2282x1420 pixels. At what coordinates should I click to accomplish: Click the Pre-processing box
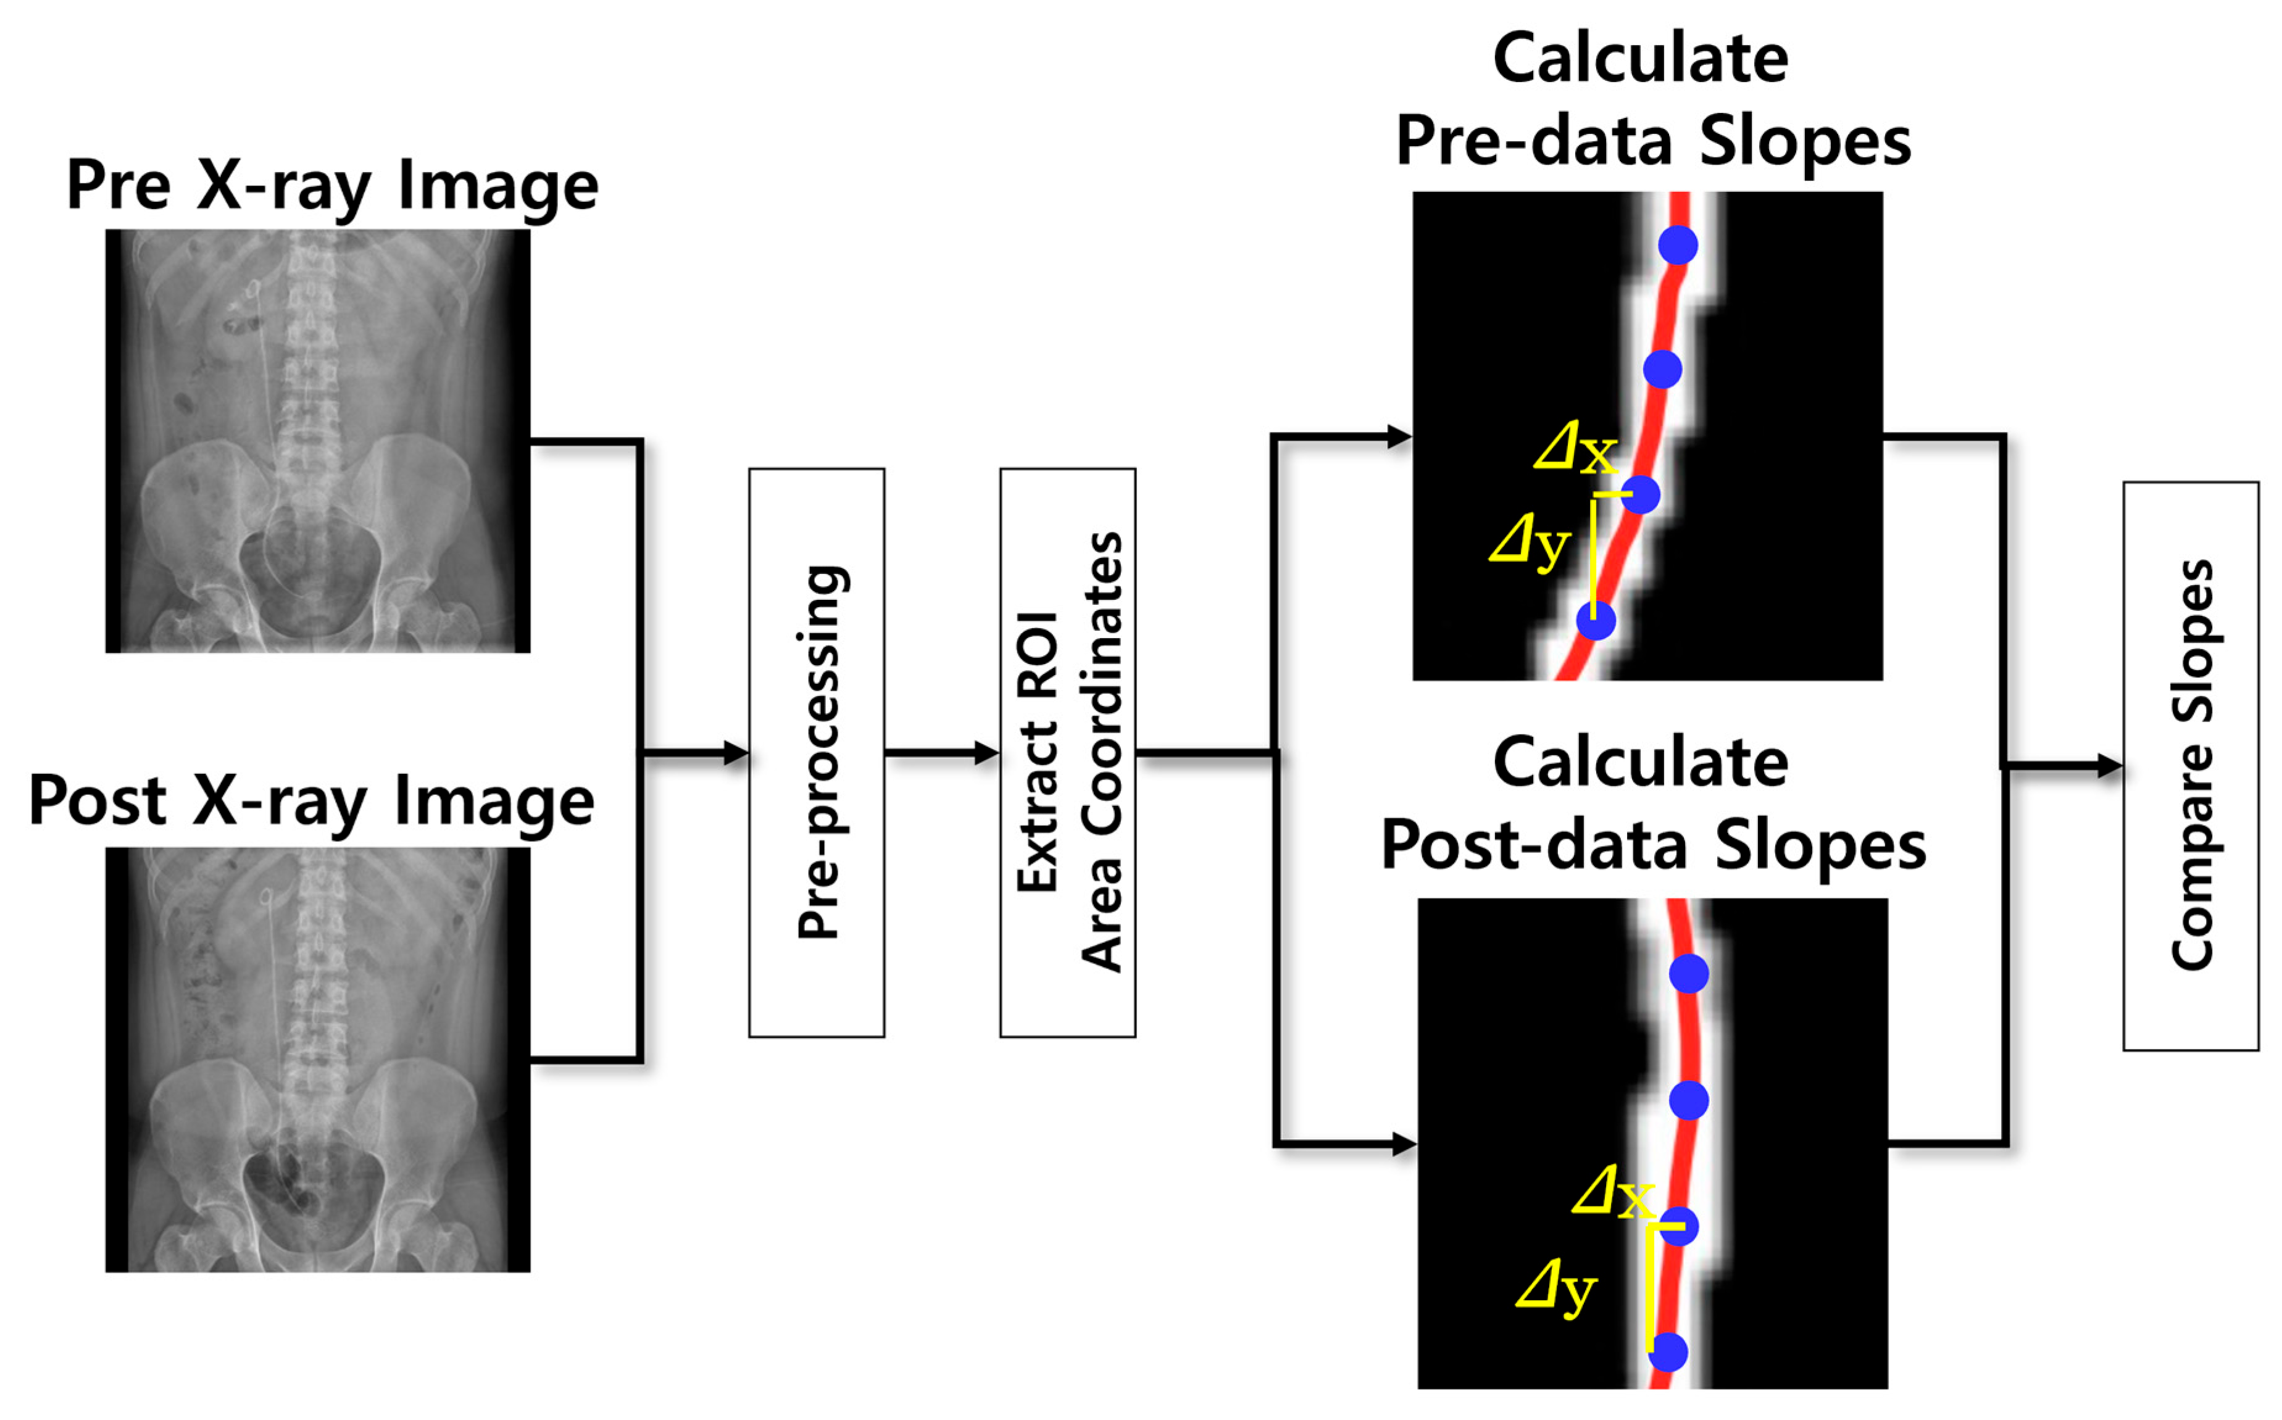816,752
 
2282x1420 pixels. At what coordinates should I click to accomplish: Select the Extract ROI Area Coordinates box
1068,752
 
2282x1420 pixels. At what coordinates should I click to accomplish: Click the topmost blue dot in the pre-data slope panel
1677,245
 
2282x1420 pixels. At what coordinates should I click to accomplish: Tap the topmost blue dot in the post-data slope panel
1688,974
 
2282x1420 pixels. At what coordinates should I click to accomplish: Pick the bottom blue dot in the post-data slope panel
1668,1351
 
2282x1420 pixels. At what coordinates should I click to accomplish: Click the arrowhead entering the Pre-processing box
737,752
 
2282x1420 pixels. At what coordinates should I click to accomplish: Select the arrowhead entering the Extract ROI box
988,752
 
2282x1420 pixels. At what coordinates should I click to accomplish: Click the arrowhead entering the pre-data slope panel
1400,436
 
